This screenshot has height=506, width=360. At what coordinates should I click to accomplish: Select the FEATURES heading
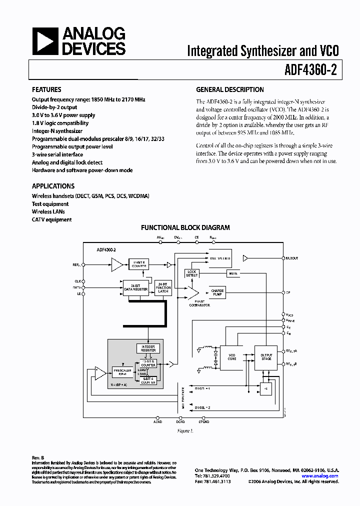(x=46, y=90)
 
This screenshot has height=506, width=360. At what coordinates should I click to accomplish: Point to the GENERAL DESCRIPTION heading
(x=229, y=90)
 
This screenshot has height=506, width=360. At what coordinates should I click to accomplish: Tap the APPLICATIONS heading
(x=53, y=186)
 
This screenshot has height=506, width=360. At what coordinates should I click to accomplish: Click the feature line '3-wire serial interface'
(x=59, y=155)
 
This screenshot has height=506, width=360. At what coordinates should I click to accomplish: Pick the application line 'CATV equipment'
(x=51, y=219)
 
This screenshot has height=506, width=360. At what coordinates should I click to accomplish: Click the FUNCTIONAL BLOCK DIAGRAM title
(x=185, y=227)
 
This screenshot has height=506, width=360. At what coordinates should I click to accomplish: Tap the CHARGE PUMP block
(x=217, y=292)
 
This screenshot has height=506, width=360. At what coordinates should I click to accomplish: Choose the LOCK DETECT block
(x=192, y=273)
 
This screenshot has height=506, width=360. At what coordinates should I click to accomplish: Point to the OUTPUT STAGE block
(x=266, y=357)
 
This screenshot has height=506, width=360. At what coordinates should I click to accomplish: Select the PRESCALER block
(x=122, y=372)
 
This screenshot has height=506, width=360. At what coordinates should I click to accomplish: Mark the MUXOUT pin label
(x=291, y=258)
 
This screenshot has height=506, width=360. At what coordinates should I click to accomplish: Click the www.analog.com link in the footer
(x=320, y=476)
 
